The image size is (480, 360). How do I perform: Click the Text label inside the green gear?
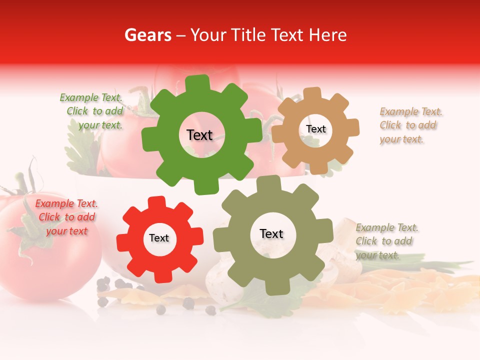pos(199,135)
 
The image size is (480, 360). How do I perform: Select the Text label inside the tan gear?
pos(315,129)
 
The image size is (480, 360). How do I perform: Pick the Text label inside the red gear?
pos(159,238)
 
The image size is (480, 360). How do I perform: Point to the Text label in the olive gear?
pos(271,233)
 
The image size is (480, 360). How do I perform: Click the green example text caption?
pos(92,111)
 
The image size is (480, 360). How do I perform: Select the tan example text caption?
pos(410,125)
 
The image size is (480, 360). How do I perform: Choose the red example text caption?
pos(66,217)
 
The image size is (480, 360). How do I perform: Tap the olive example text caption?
pos(386,241)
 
